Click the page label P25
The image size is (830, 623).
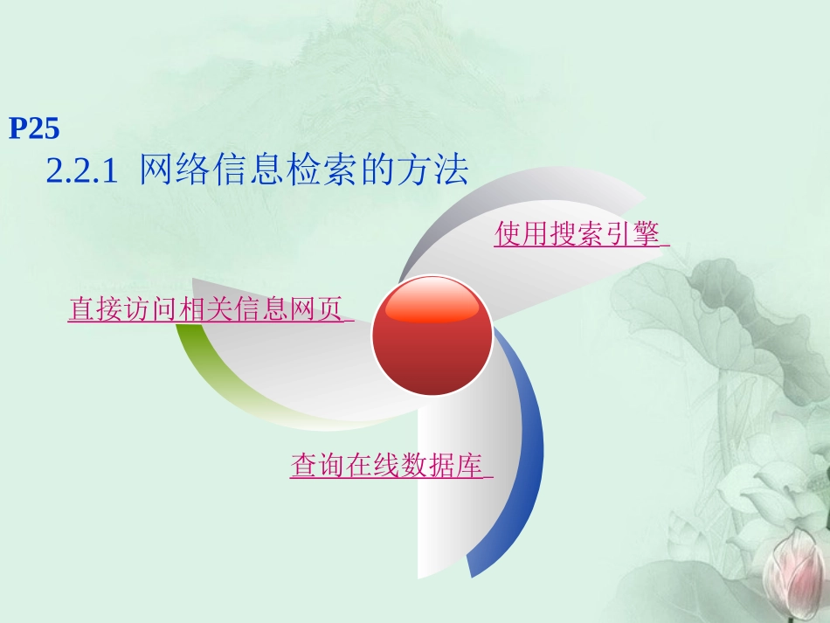click(34, 129)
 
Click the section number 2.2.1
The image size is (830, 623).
click(81, 171)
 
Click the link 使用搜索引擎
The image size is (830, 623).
click(578, 234)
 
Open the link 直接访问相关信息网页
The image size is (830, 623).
click(206, 310)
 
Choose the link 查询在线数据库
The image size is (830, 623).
click(387, 466)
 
